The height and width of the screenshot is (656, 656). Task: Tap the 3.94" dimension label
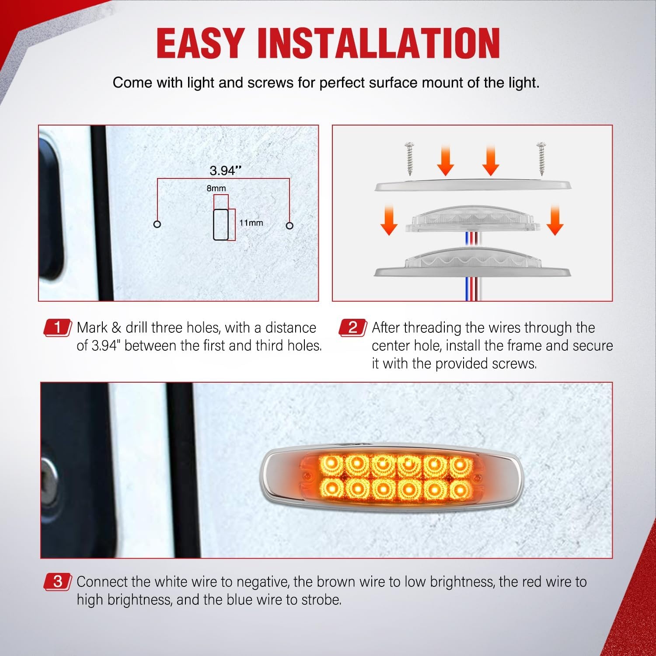[225, 171]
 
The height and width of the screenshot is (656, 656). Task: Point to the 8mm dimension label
[216, 188]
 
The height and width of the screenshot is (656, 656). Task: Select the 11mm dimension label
[251, 223]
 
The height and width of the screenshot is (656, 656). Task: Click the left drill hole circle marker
[157, 224]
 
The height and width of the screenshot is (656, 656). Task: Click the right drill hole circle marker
[290, 226]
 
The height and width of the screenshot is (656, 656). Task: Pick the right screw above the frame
[542, 156]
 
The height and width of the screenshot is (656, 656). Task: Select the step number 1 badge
[57, 328]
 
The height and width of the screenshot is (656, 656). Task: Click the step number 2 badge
[352, 328]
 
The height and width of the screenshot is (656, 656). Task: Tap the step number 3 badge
[57, 582]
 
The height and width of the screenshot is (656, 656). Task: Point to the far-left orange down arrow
[389, 221]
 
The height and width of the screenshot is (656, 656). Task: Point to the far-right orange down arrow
[555, 221]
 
